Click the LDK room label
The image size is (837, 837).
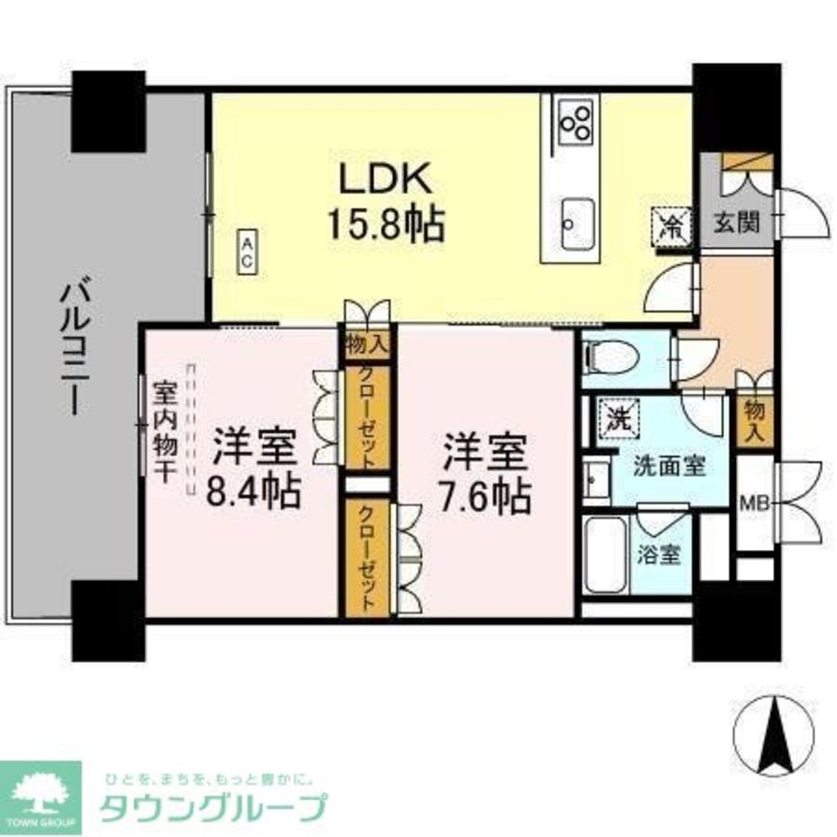pos(385,178)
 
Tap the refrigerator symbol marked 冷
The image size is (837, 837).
pos(671,223)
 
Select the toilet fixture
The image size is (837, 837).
pos(611,358)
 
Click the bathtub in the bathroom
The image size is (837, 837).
pos(604,554)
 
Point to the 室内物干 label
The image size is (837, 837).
pos(163,432)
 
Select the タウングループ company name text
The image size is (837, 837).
pos(213,809)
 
